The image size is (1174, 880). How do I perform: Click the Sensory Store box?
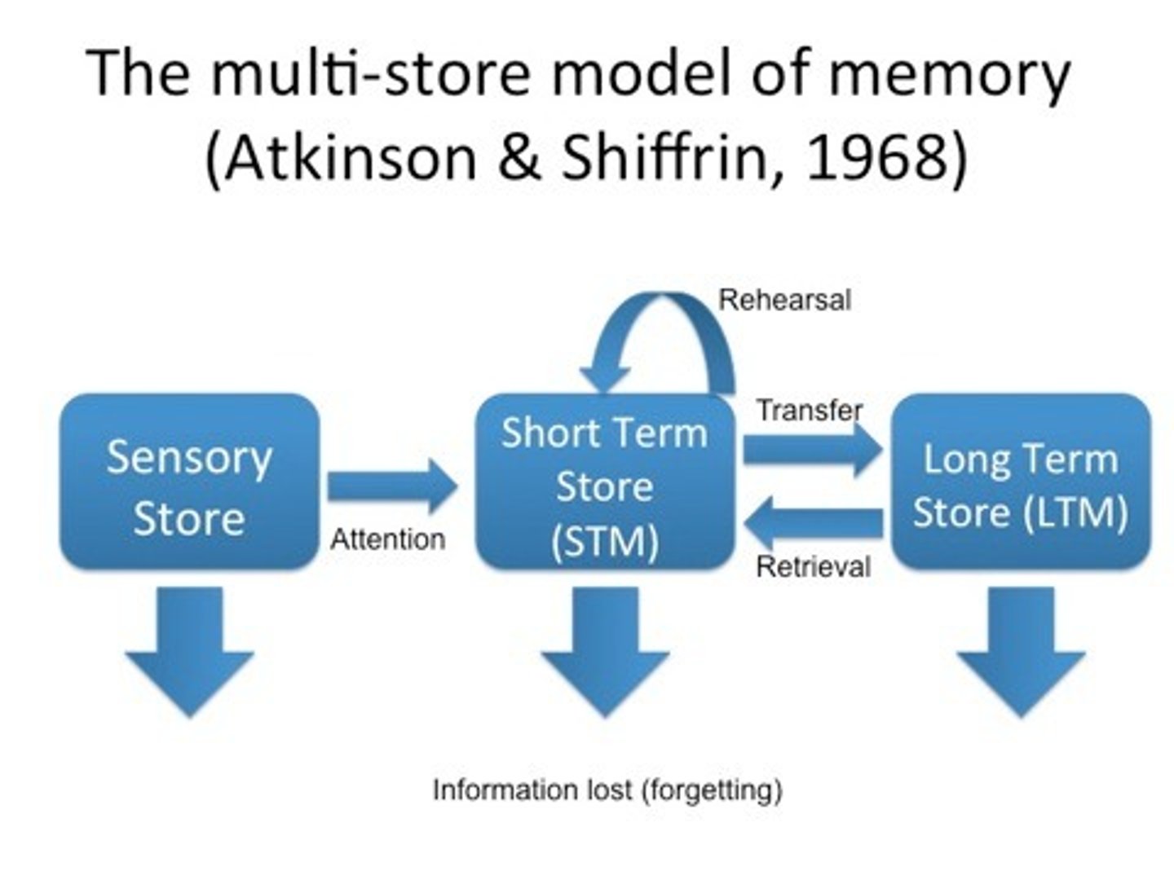(x=189, y=482)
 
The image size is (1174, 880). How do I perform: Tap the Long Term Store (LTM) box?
(x=1021, y=482)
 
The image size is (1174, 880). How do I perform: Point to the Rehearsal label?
(x=784, y=300)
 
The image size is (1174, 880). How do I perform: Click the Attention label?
(x=388, y=539)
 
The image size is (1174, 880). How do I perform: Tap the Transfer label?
(x=809, y=410)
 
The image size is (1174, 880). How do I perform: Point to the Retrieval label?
(x=813, y=566)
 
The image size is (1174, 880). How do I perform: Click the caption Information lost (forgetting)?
(x=607, y=790)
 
